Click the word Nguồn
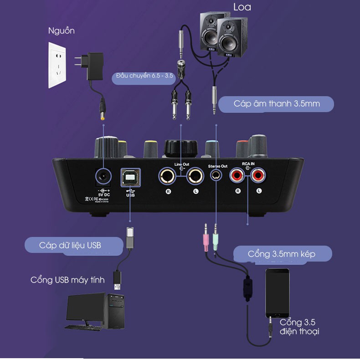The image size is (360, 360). click(61, 31)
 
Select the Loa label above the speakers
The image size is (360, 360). click(242, 7)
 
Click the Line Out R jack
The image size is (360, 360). click(167, 176)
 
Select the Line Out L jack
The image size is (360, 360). click(195, 176)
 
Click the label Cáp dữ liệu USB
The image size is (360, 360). click(70, 245)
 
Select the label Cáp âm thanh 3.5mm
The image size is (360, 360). click(277, 104)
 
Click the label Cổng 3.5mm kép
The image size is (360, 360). click(281, 254)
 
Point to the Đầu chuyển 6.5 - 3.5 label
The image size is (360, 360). click(144, 76)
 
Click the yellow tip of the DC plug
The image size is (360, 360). click(103, 118)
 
